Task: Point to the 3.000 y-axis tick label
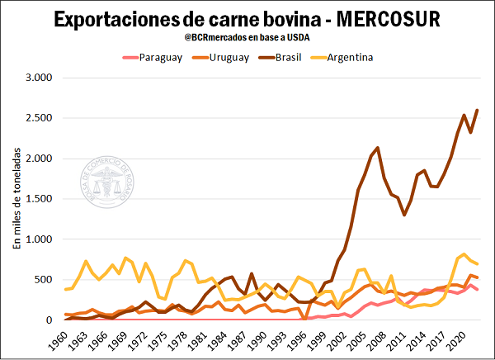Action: tap(38, 78)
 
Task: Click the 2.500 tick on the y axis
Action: tap(38, 118)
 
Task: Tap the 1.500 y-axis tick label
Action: tap(38, 199)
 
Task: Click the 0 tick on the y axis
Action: tap(49, 320)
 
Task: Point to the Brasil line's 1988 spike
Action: tap(252, 273)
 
